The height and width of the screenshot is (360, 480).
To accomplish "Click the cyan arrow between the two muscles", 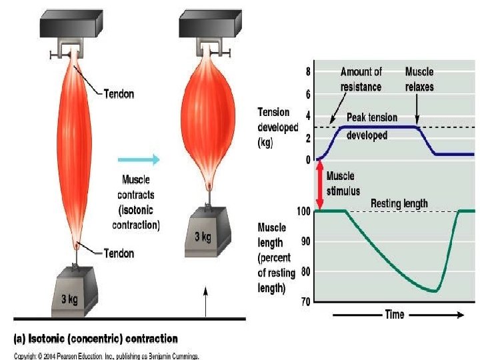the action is coord(139,159).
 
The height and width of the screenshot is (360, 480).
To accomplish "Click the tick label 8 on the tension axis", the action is coord(307,71).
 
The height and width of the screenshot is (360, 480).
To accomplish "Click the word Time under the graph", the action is coord(395,314).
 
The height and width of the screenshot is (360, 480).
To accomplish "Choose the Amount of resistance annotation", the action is coord(361,79).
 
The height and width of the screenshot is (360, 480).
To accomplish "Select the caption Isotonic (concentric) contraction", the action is coord(97,338).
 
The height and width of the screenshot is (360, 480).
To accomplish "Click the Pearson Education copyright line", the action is coord(107,355).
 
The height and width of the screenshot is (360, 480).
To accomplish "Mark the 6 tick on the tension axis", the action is coord(307,94).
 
